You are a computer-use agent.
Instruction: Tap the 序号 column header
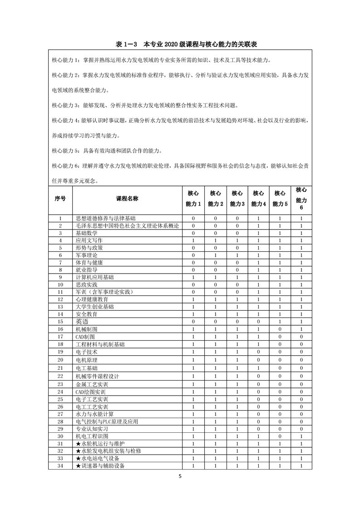pos(60,199)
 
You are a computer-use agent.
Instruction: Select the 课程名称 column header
pos(127,199)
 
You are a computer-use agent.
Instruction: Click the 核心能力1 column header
pos(193,199)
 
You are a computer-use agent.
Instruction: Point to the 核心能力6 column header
pos(301,199)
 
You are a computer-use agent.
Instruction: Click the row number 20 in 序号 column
pos(60,360)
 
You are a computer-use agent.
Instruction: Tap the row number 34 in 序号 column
pos(60,466)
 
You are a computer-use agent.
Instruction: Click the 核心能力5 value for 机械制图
pos(280,329)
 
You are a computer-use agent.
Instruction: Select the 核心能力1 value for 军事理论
pos(193,255)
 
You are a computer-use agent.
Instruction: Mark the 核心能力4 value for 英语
pos(258,321)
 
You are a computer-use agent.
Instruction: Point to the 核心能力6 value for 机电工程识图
pos(301,436)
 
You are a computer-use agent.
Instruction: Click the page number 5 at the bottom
pos(180,476)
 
